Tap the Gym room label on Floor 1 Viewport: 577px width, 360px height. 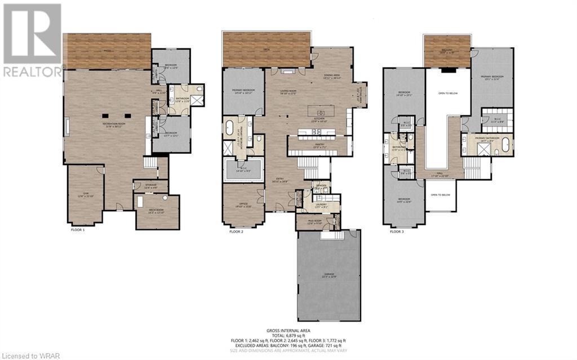(x=86, y=195)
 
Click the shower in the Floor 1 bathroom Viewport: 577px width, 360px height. (x=198, y=100)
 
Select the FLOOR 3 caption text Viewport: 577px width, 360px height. (x=397, y=232)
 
